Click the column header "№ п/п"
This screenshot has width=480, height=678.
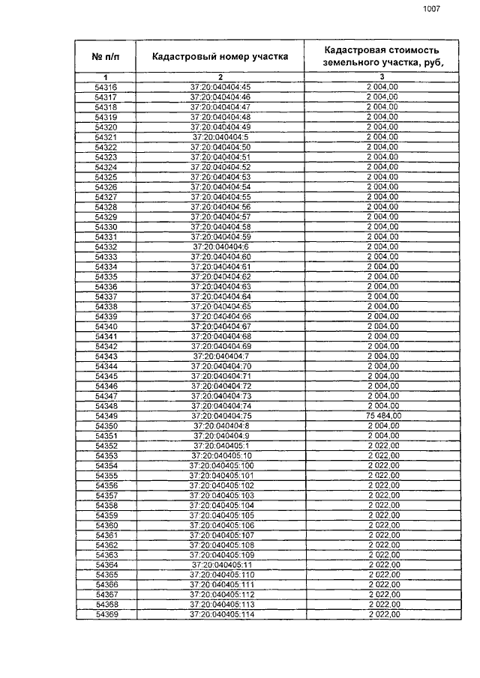(x=106, y=56)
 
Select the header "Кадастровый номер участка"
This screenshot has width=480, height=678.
(x=220, y=56)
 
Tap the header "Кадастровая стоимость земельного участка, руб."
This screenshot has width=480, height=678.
(x=382, y=56)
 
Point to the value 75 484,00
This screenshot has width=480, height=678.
(x=382, y=416)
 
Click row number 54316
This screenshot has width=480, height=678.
(x=106, y=87)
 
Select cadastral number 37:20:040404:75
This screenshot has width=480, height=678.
(x=220, y=416)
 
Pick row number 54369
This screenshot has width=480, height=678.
(x=106, y=614)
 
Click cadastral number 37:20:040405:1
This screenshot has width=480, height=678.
(x=220, y=446)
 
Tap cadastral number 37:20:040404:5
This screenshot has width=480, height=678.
(x=220, y=137)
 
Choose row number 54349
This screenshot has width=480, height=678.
(x=106, y=416)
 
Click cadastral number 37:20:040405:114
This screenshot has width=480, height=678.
(x=220, y=614)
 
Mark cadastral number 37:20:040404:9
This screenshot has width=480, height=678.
(x=220, y=435)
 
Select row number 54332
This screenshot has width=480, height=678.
(x=106, y=246)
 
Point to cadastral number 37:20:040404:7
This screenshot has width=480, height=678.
(x=220, y=356)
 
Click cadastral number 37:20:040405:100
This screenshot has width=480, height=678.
(x=220, y=465)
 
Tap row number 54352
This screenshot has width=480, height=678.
(x=106, y=446)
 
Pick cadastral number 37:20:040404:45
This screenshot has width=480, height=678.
(x=220, y=87)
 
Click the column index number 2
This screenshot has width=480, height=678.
(x=220, y=77)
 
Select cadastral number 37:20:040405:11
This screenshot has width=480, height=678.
(x=220, y=565)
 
